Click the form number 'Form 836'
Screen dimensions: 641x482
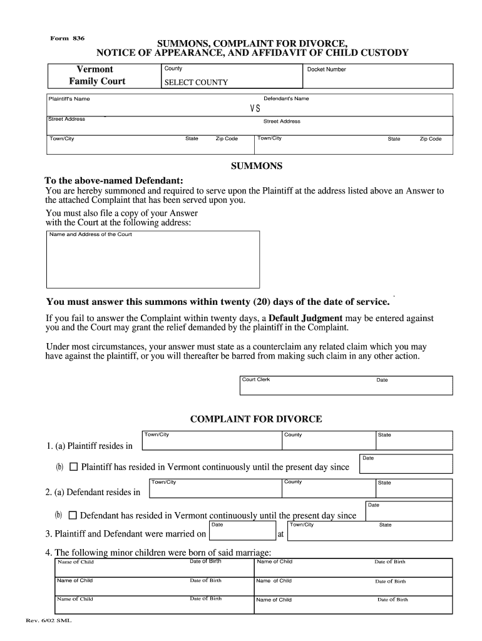(67, 39)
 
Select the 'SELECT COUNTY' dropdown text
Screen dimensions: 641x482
(196, 83)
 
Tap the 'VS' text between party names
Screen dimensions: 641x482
(255, 108)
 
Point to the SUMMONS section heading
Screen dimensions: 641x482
(257, 167)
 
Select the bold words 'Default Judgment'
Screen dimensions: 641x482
(305, 318)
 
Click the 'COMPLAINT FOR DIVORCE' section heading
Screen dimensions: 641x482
(256, 419)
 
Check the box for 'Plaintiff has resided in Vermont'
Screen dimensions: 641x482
(73, 467)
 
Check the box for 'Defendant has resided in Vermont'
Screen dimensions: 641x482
(73, 516)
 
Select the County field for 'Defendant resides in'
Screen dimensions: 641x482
(327, 488)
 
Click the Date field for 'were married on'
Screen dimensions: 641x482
(241, 531)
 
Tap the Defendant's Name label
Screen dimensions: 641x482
(286, 99)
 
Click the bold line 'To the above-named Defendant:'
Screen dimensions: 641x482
(114, 180)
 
